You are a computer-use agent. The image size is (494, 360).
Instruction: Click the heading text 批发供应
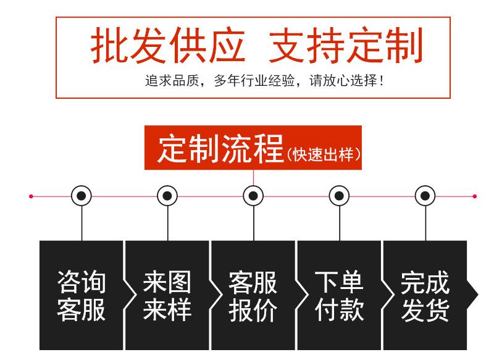(x=167, y=45)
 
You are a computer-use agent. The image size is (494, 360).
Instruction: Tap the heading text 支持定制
(x=346, y=45)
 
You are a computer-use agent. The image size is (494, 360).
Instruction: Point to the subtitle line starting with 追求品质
(x=265, y=81)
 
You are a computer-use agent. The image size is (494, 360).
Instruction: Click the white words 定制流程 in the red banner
(x=220, y=148)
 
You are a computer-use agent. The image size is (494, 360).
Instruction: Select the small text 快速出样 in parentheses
(x=324, y=154)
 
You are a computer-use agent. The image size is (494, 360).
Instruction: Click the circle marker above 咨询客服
(x=82, y=196)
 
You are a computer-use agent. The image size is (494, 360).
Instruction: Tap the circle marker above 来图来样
(x=167, y=196)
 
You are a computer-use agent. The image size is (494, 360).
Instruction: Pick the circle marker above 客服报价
(x=253, y=196)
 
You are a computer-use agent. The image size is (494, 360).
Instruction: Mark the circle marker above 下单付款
(x=339, y=196)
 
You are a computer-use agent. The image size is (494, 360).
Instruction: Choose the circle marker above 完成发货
(x=425, y=196)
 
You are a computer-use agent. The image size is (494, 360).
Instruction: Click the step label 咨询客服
(x=82, y=296)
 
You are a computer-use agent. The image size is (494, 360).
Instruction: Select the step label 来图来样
(x=167, y=296)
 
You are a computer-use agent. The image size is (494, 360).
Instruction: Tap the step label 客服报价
(x=253, y=296)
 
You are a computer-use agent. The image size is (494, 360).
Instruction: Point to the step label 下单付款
(x=339, y=296)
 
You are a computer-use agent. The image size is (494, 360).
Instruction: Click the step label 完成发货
(x=425, y=296)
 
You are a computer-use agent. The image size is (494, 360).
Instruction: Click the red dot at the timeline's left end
(x=31, y=196)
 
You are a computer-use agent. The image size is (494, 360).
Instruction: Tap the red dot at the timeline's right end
(x=474, y=196)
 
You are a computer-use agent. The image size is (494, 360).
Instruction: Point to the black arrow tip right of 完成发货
(x=478, y=295)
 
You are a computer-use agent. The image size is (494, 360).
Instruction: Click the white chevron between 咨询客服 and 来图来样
(x=130, y=295)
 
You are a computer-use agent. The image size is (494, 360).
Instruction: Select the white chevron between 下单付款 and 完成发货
(x=388, y=295)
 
